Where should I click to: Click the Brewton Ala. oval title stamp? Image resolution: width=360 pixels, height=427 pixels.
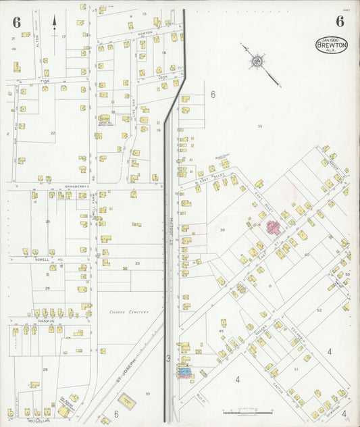click(331, 45)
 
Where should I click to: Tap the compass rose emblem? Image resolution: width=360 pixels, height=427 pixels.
click(257, 63)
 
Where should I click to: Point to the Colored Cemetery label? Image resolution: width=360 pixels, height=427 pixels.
click(128, 312)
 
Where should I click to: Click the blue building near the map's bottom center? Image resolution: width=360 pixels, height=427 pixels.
click(182, 371)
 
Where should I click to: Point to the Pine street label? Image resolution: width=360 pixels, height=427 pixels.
click(45, 81)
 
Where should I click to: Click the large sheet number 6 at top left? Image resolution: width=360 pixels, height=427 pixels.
click(16, 21)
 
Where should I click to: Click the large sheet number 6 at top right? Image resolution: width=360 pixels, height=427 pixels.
click(340, 21)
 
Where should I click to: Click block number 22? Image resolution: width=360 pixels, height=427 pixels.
click(53, 133)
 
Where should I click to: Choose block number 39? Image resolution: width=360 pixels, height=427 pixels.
click(222, 230)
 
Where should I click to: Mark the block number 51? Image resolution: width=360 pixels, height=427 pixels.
click(296, 370)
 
